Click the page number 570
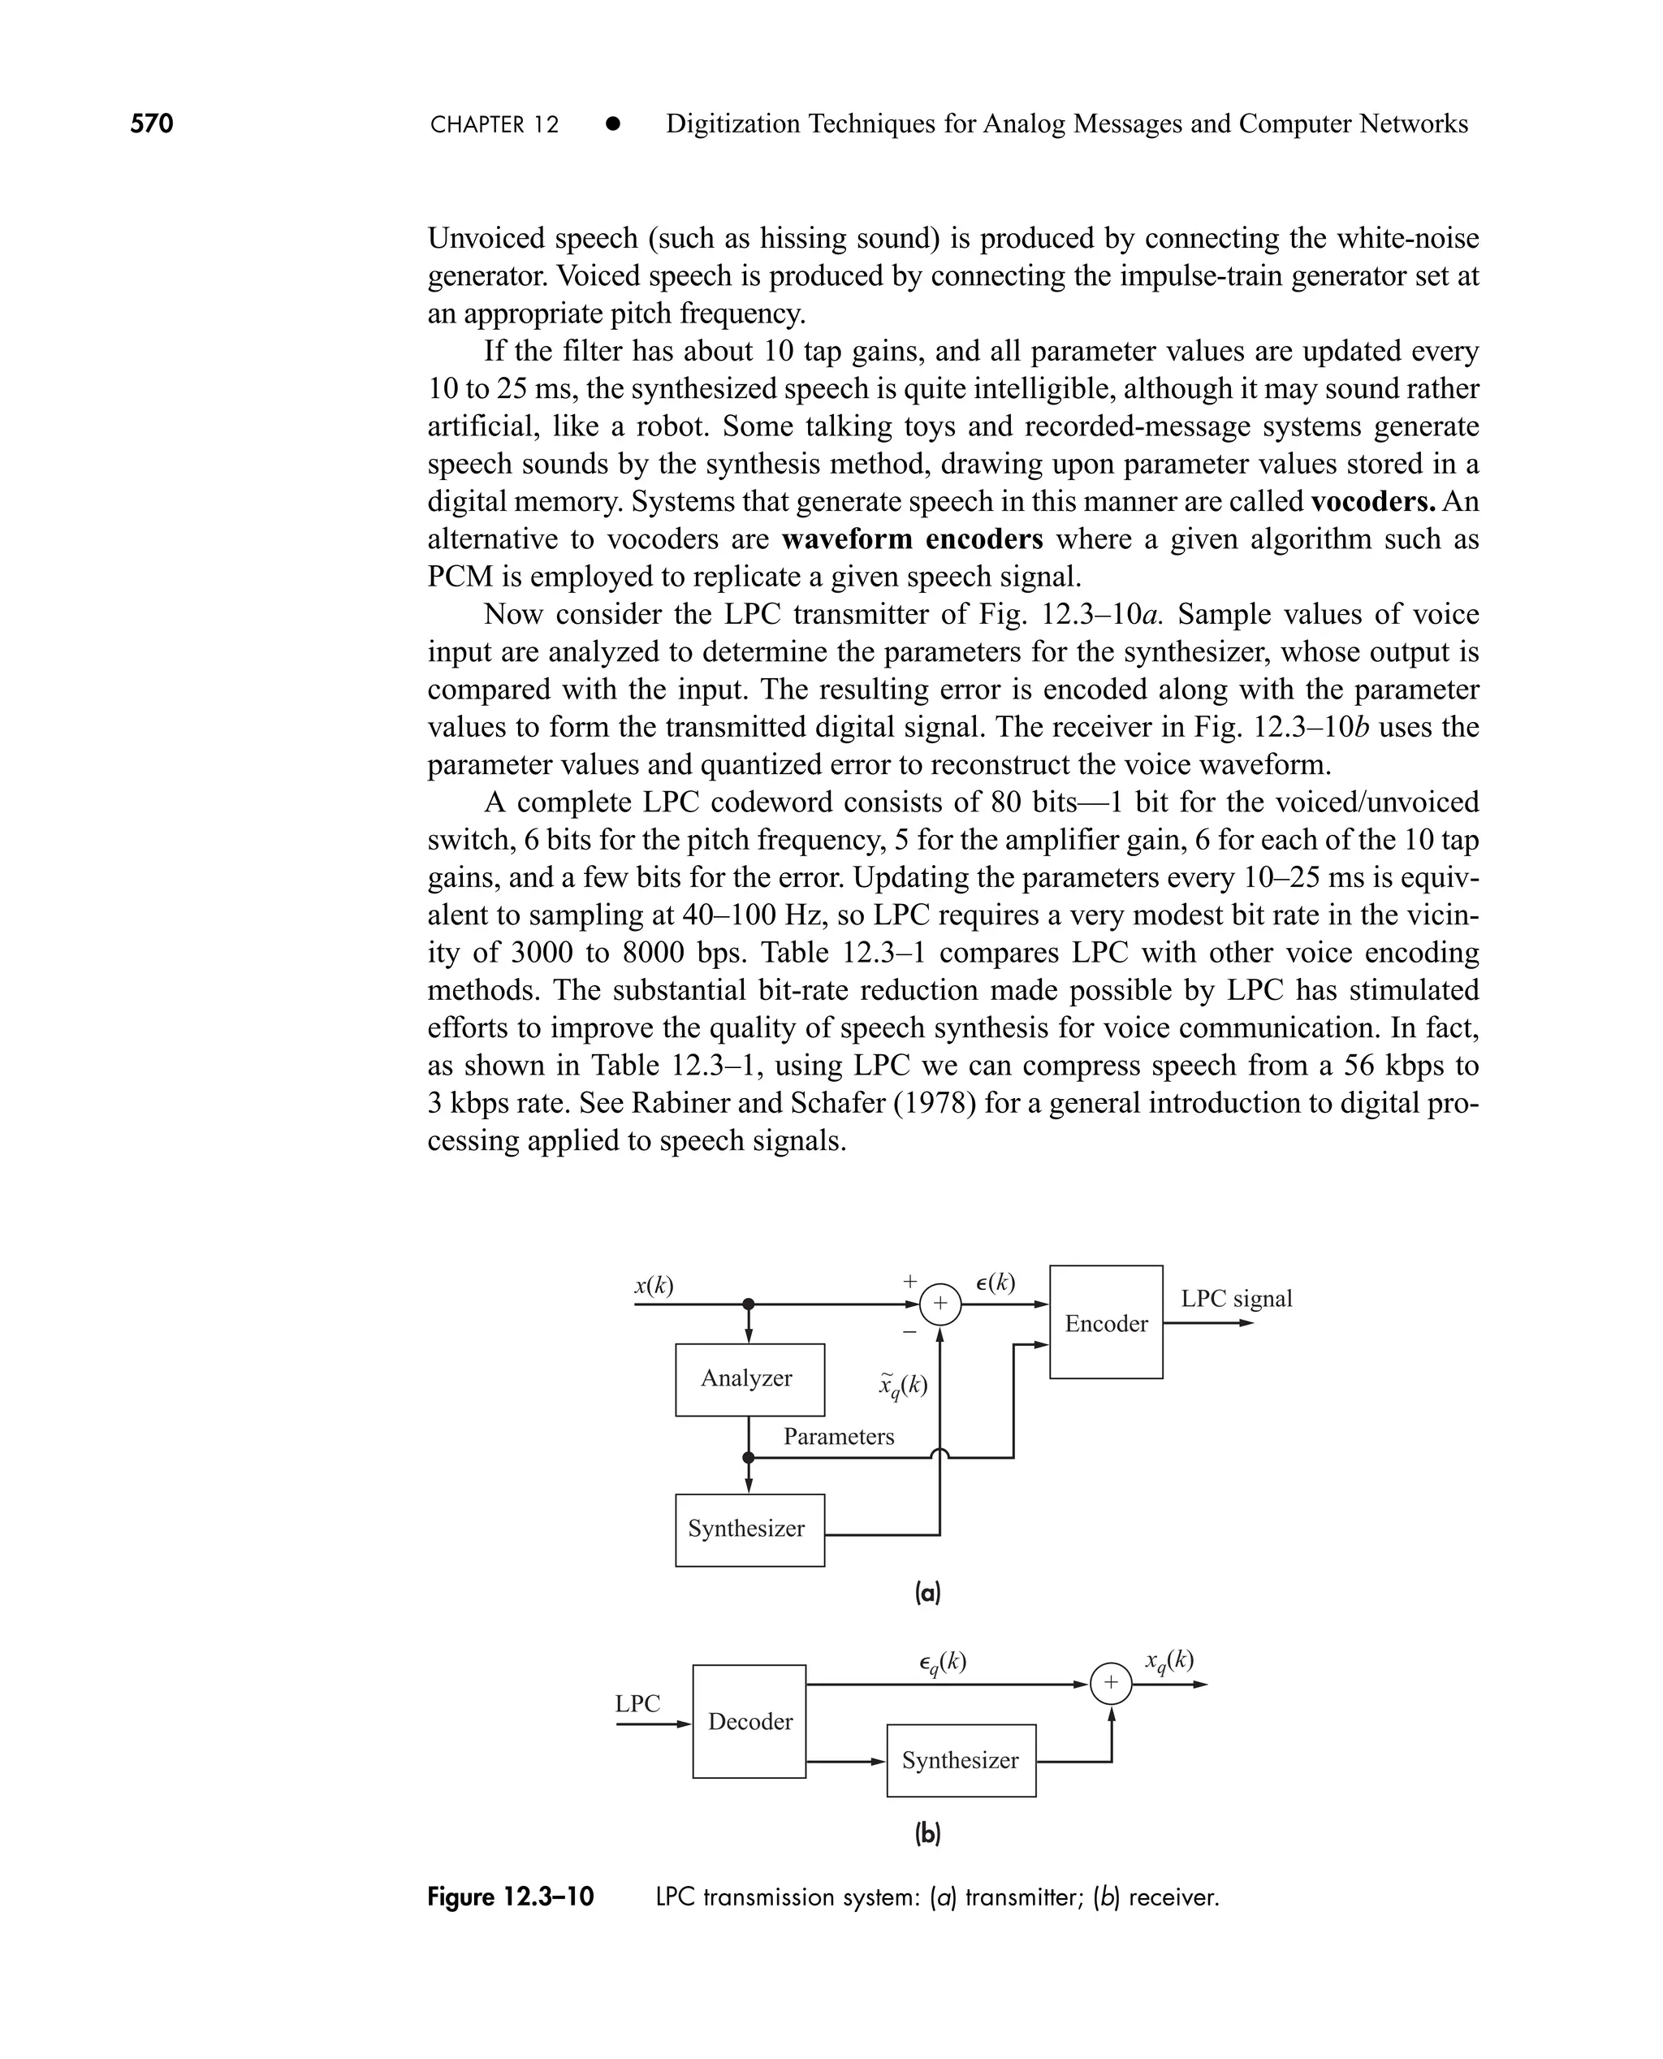[151, 123]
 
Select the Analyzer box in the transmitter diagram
[749, 1378]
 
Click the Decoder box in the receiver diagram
[749, 1722]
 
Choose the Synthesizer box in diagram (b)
[961, 1760]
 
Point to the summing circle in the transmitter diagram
[939, 1304]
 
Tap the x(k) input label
[654, 1285]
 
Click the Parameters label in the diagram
[838, 1436]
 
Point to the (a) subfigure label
[927, 1593]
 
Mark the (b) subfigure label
[927, 1833]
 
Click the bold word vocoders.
[1371, 501]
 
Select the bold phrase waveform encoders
[912, 539]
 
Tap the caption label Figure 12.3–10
[511, 1897]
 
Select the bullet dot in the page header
[613, 123]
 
